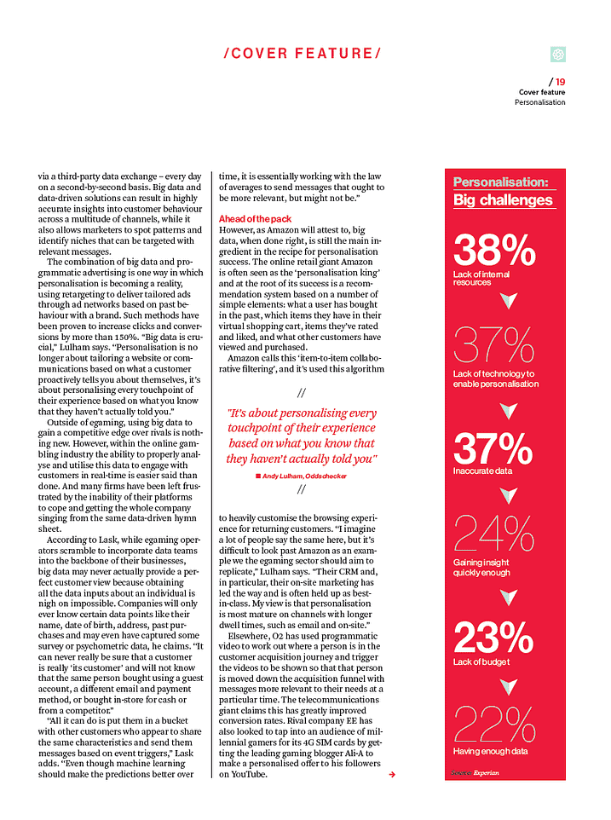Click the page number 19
(560, 82)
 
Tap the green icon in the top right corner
(558, 55)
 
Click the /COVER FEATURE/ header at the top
(302, 53)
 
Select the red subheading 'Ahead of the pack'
(255, 219)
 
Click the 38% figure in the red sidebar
(494, 251)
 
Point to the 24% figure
(494, 534)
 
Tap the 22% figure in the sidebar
(494, 725)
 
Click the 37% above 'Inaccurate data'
(494, 448)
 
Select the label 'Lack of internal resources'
(484, 278)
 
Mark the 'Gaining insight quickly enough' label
(482, 568)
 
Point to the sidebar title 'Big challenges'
(503, 200)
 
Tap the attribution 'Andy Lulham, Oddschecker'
(305, 476)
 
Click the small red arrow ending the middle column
(391, 774)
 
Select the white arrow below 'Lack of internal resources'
(509, 301)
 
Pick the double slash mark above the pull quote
(302, 394)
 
